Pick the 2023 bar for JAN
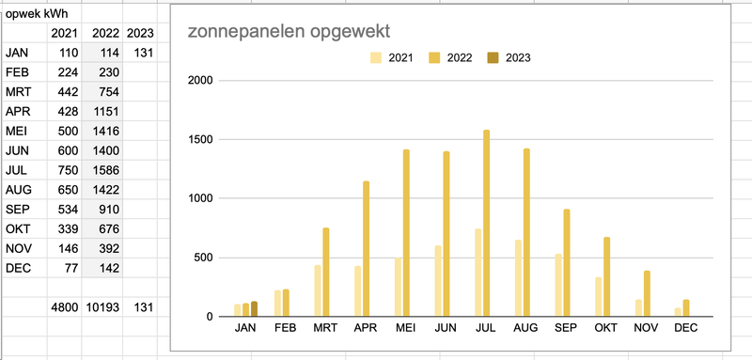click(x=254, y=308)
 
